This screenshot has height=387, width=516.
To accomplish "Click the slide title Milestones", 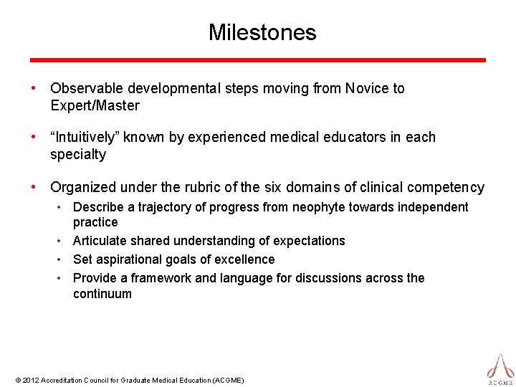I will (x=262, y=32).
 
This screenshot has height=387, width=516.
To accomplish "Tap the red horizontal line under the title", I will (x=258, y=60).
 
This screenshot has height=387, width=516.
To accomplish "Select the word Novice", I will (x=365, y=89).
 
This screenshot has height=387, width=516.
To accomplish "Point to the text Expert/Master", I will (x=95, y=106).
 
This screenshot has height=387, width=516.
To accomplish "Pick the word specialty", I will (x=78, y=155).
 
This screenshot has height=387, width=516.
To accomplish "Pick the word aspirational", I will (x=129, y=259).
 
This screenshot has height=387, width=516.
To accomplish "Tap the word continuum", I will (x=102, y=294).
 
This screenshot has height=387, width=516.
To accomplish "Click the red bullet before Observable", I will (x=33, y=89).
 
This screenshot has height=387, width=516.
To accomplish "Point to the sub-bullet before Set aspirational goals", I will (x=63, y=259).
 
